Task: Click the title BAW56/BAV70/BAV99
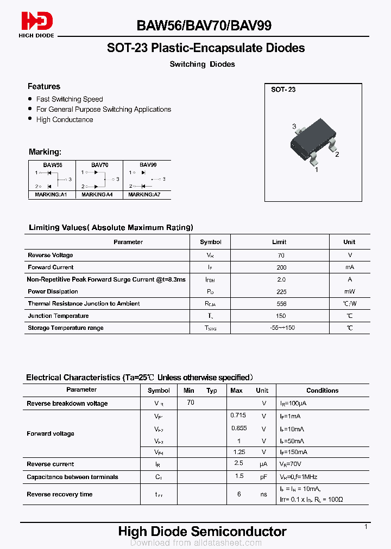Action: click(204, 25)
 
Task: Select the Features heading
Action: click(44, 86)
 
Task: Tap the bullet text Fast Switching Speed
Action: click(69, 99)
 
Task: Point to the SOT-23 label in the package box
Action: click(283, 90)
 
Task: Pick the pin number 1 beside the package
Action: click(317, 169)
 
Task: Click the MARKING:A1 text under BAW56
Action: click(51, 194)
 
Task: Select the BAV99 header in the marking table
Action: click(148, 164)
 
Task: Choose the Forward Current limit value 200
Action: click(281, 267)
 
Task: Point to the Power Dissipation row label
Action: click(53, 291)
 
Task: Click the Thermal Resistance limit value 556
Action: click(281, 304)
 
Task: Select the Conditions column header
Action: click(322, 390)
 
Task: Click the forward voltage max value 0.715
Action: click(238, 415)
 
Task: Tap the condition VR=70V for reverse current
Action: click(291, 464)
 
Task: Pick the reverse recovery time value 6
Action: click(238, 494)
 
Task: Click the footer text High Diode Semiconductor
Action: click(202, 532)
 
